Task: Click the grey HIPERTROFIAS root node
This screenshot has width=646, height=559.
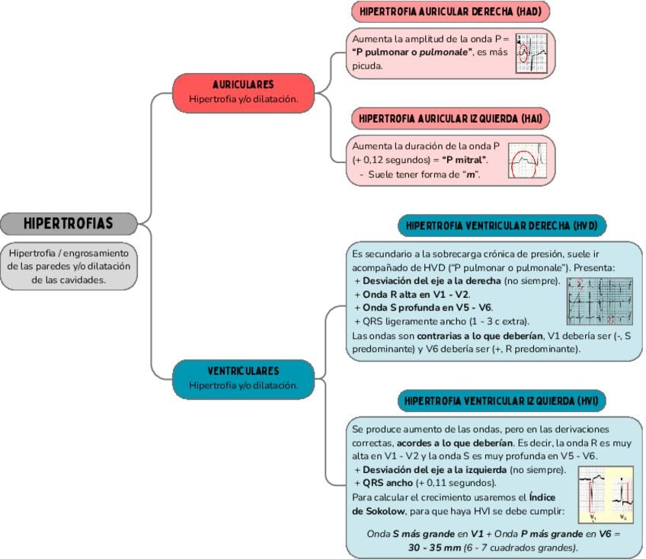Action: tap(69, 223)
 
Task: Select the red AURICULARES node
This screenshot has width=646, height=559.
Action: tap(243, 91)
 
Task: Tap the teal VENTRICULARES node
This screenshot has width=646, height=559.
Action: tap(243, 378)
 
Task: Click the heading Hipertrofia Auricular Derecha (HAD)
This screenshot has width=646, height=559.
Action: tap(450, 12)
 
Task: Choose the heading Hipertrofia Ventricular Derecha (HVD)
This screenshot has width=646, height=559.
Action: tap(500, 226)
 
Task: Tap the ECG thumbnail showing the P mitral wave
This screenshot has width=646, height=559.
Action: tap(527, 161)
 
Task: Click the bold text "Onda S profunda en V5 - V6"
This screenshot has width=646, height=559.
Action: tap(421, 307)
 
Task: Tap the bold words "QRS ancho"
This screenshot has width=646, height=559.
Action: tap(385, 483)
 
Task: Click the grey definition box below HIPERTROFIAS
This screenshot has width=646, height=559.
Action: tap(69, 266)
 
